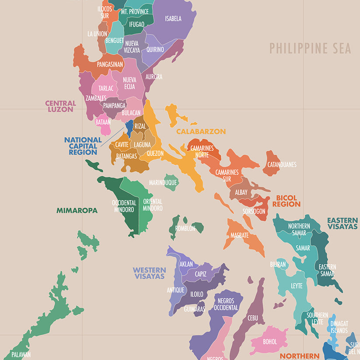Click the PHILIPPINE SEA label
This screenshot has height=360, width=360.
pyautogui.click(x=310, y=48)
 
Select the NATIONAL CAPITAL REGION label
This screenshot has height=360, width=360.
pyautogui.click(x=83, y=146)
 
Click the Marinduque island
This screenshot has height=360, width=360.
pyautogui.click(x=171, y=182)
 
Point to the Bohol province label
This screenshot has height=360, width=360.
pyautogui.click(x=270, y=342)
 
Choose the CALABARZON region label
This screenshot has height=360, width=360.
pyautogui.click(x=201, y=131)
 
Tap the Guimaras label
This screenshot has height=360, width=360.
pyautogui.click(x=195, y=309)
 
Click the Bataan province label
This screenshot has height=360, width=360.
pyautogui.click(x=103, y=122)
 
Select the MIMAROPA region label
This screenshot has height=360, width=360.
pyautogui.click(x=77, y=210)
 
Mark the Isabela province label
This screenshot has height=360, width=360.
pyautogui.click(x=173, y=18)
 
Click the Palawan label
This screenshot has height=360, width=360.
pyautogui.click(x=21, y=355)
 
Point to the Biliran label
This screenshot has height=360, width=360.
pyautogui.click(x=278, y=264)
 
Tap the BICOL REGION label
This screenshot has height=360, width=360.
pyautogui.click(x=286, y=201)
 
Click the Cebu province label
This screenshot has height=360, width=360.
pyautogui.click(x=252, y=318)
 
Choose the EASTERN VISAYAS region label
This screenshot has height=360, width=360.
pyautogui.click(x=343, y=224)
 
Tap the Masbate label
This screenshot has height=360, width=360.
pyautogui.click(x=240, y=235)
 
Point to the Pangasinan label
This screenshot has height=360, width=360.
pyautogui.click(x=110, y=64)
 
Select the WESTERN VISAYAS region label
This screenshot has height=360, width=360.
pyautogui.click(x=150, y=273)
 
